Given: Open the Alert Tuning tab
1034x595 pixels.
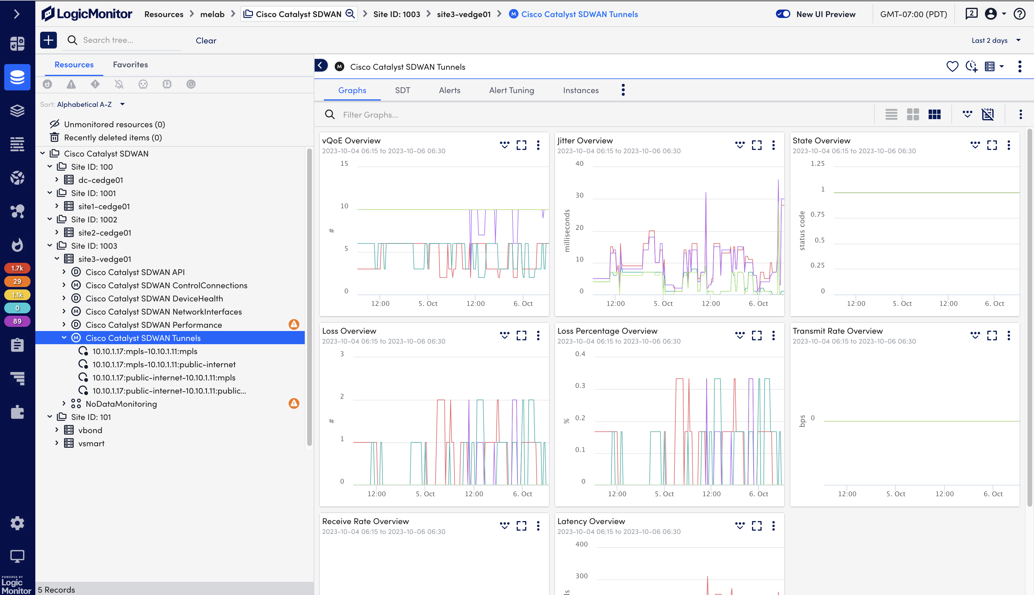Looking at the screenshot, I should pos(511,90).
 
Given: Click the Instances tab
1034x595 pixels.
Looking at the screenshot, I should pos(580,90).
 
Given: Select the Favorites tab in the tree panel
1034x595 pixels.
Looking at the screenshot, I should pos(131,65).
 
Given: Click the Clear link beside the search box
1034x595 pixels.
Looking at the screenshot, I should pos(206,40).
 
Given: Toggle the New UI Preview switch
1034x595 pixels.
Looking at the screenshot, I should pos(783,14).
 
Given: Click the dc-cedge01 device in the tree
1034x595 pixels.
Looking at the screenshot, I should pos(101,180).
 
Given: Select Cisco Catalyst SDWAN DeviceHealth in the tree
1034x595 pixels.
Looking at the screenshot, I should pos(154,299).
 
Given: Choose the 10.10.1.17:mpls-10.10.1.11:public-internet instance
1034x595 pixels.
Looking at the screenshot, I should pos(164,365).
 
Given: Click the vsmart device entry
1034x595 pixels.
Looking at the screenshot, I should pos(91,443).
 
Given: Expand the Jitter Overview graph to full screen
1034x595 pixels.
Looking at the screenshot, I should pos(756,145).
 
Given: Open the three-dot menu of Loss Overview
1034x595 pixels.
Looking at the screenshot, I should pos(538,336).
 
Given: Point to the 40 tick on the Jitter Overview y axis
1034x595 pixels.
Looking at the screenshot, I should pos(579,163).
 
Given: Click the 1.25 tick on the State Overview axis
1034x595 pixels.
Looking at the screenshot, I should pos(817,163).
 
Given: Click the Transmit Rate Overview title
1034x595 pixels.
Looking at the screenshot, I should pos(837,331).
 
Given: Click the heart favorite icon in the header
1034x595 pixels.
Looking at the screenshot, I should pos(952,67).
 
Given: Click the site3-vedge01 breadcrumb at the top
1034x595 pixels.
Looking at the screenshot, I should pos(463,14).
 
